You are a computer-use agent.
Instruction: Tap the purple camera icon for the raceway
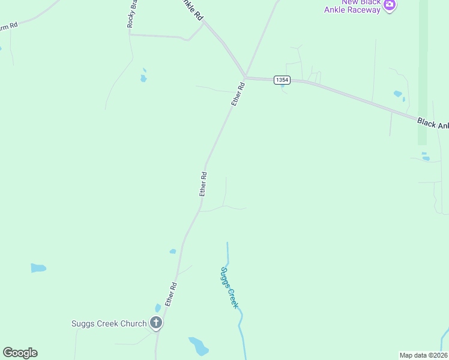click(x=390, y=5)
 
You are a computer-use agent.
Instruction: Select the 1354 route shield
click(x=282, y=80)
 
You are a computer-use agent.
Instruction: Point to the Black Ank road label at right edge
click(x=433, y=123)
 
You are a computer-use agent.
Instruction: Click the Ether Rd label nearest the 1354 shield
click(x=238, y=95)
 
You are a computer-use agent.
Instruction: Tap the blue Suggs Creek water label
click(x=229, y=287)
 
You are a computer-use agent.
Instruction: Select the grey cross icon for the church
click(x=156, y=323)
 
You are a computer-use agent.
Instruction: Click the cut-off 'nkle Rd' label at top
click(x=192, y=11)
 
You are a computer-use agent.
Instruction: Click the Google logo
click(x=20, y=353)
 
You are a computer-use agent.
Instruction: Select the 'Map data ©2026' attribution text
click(x=423, y=355)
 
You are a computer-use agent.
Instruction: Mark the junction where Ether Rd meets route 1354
click(x=245, y=77)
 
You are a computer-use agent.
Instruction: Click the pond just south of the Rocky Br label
click(x=143, y=77)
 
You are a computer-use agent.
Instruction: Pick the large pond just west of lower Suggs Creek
click(x=198, y=346)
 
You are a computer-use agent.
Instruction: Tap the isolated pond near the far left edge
click(x=38, y=268)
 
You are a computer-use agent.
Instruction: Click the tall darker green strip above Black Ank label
click(x=423, y=72)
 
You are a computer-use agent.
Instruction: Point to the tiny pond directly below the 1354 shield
click(x=282, y=86)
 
